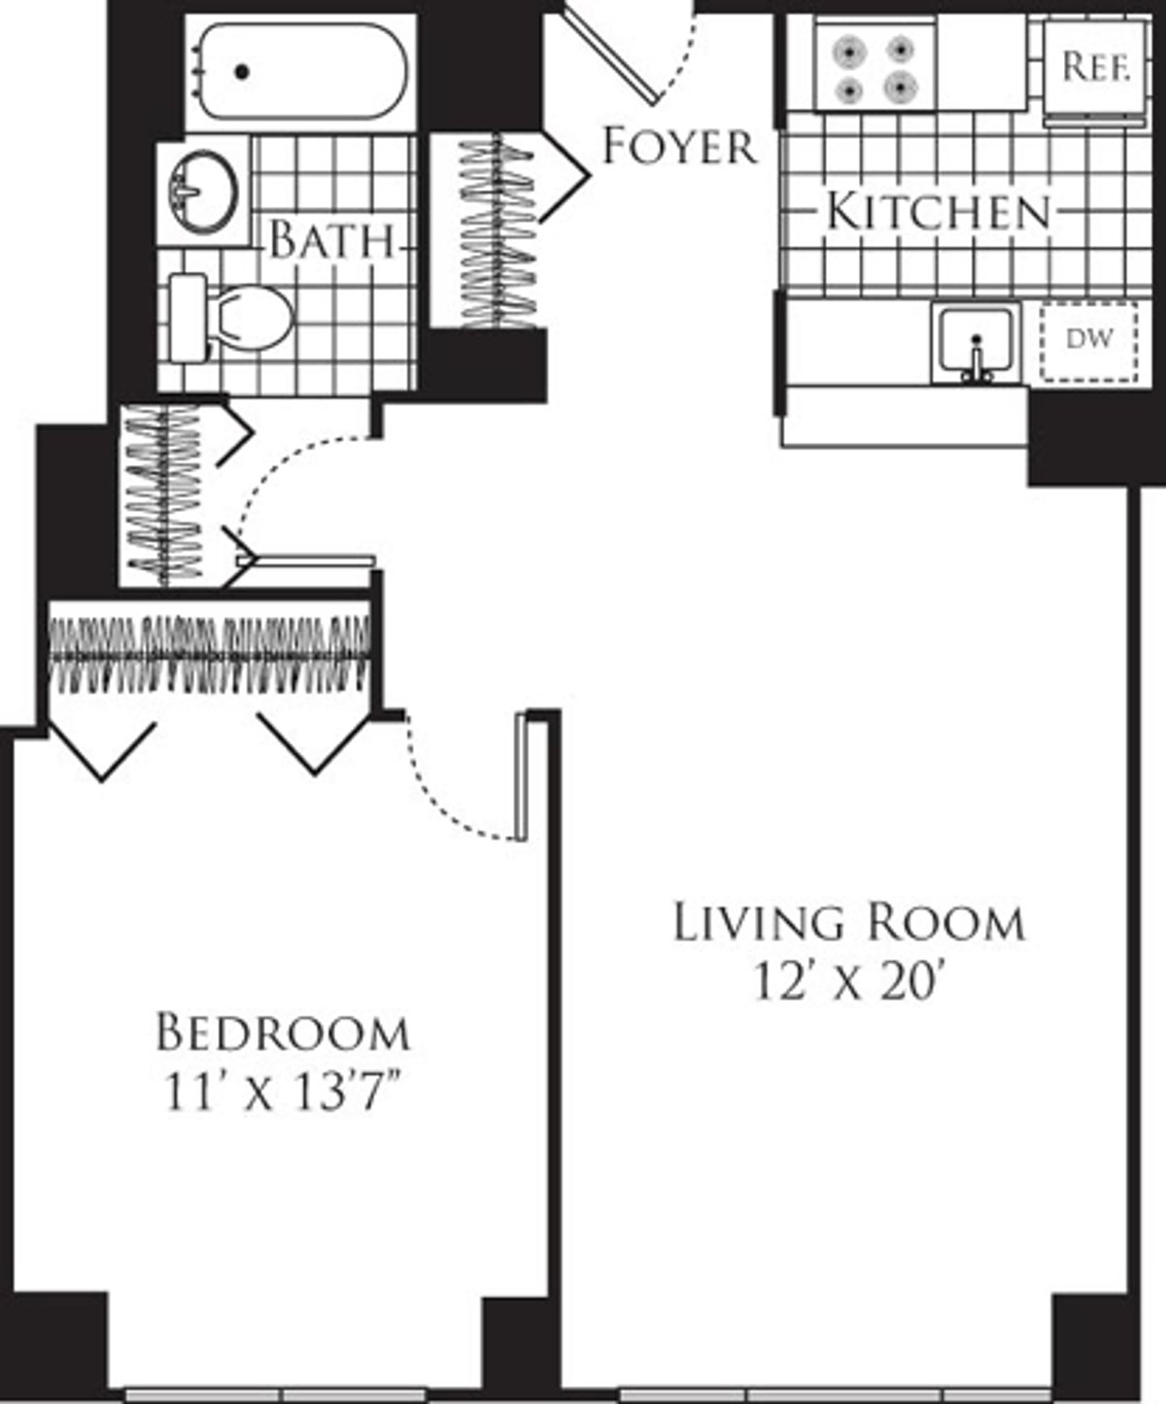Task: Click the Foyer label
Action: [678, 147]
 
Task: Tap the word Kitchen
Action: [939, 212]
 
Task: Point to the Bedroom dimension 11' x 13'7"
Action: [283, 1094]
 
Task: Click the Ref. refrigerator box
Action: [1095, 68]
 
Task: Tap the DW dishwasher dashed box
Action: [1088, 340]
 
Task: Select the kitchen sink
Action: [976, 343]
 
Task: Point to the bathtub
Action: [301, 72]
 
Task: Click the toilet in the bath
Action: [233, 317]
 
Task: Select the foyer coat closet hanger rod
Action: [497, 233]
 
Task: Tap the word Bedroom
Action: [283, 1033]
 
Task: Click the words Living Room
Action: [849, 922]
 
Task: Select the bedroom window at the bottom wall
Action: [277, 1394]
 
